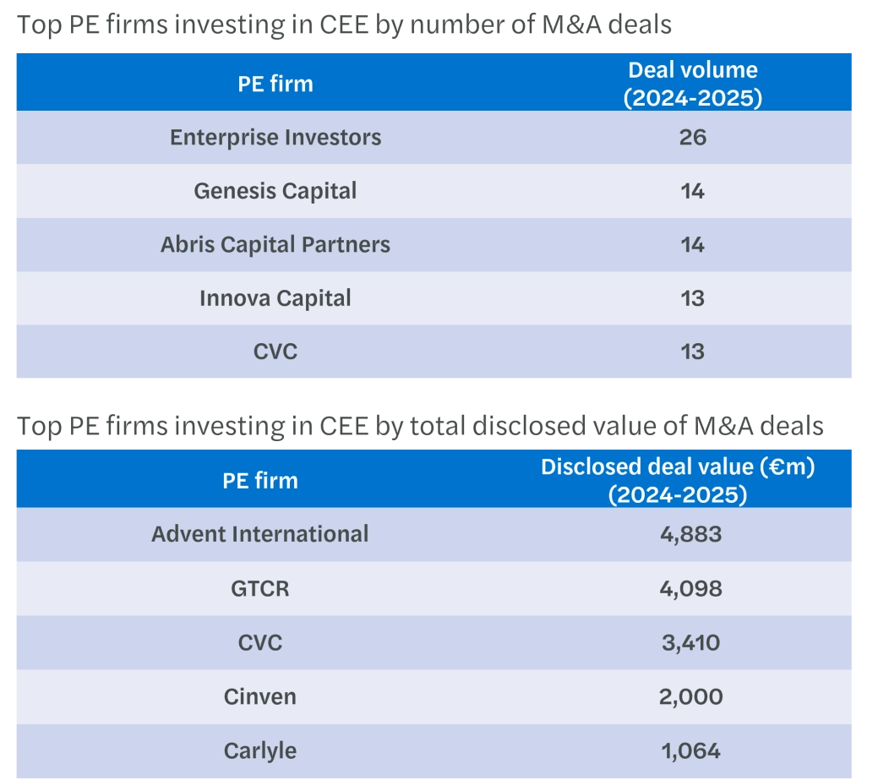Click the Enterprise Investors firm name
pyautogui.click(x=275, y=138)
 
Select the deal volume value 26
pyautogui.click(x=692, y=138)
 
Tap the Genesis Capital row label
pyautogui.click(x=275, y=191)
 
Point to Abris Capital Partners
pyautogui.click(x=275, y=245)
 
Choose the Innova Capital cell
pyautogui.click(x=275, y=298)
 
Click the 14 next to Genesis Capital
pyautogui.click(x=692, y=191)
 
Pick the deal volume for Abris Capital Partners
pyautogui.click(x=692, y=245)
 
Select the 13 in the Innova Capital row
pyautogui.click(x=692, y=298)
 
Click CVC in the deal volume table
pyautogui.click(x=275, y=352)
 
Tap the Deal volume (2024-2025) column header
pyautogui.click(x=692, y=84)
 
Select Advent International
pyautogui.click(x=260, y=534)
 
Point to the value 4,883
pyautogui.click(x=690, y=534)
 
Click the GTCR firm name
pyautogui.click(x=260, y=588)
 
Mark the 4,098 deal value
pyautogui.click(x=690, y=588)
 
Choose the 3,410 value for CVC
pyautogui.click(x=690, y=642)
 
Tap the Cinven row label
pyautogui.click(x=260, y=696)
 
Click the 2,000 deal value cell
pyautogui.click(x=690, y=696)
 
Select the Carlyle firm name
pyautogui.click(x=260, y=750)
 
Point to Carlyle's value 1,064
pyautogui.click(x=690, y=750)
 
